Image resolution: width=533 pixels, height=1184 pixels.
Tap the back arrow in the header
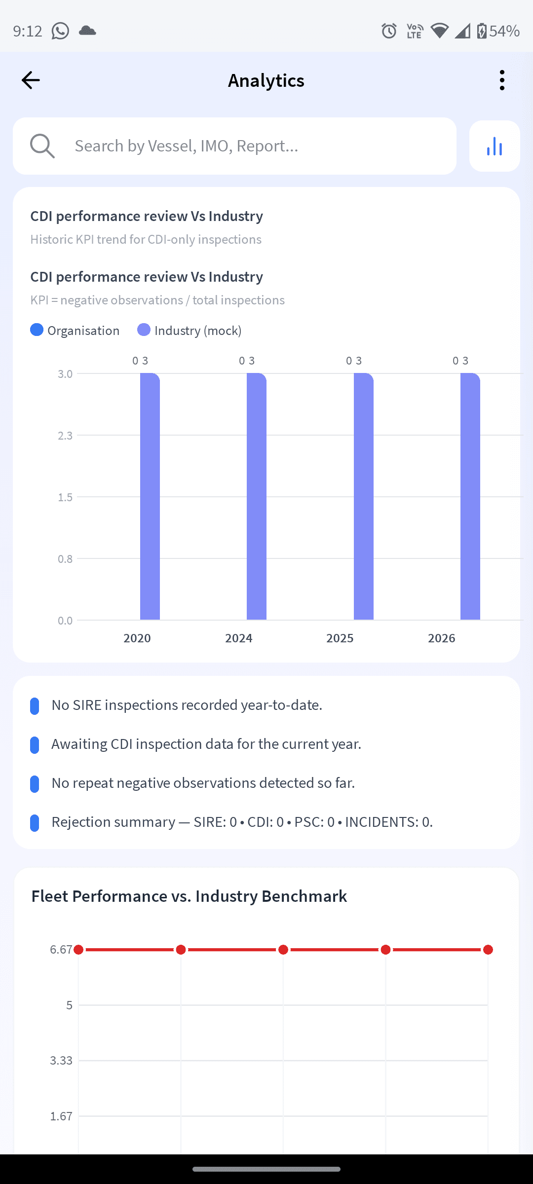(x=31, y=80)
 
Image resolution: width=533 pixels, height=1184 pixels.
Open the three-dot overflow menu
(x=502, y=80)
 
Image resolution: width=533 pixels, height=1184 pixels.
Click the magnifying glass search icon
(x=42, y=146)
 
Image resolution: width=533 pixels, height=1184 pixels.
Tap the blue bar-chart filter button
(x=495, y=146)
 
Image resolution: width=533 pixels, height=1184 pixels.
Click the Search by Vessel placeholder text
(x=187, y=146)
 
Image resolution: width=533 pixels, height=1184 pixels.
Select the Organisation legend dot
(x=37, y=330)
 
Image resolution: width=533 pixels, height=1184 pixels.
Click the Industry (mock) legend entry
(x=190, y=330)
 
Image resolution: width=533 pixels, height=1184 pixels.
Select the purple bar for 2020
(x=150, y=496)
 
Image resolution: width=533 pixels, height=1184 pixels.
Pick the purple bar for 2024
(x=257, y=496)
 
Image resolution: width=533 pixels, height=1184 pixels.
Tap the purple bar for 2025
(x=364, y=496)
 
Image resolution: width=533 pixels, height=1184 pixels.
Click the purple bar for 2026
(x=470, y=496)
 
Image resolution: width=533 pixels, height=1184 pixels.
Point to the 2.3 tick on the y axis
(x=65, y=436)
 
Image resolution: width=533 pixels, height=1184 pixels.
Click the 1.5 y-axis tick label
(x=65, y=497)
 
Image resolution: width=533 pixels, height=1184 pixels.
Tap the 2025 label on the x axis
(x=340, y=638)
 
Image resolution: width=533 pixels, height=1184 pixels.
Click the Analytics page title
(x=266, y=80)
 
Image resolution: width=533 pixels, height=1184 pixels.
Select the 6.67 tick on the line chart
(x=61, y=950)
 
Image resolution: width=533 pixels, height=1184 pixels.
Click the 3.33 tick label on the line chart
(x=61, y=1060)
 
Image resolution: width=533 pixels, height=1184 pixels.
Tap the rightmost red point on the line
(x=488, y=950)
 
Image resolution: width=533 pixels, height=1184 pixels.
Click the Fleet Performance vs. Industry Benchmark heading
(x=189, y=896)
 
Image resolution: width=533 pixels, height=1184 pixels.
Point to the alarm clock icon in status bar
(x=389, y=31)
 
